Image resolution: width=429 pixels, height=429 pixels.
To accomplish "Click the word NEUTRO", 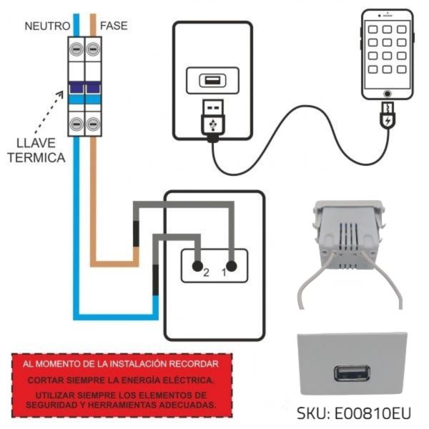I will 47,26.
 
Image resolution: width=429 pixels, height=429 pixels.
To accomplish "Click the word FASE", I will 114,26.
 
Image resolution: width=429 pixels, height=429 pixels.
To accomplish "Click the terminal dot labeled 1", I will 231,264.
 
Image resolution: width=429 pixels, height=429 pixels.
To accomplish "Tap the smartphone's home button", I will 388,94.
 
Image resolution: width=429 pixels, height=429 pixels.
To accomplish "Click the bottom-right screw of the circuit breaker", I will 92,123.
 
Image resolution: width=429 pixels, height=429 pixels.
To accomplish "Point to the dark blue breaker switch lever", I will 84,89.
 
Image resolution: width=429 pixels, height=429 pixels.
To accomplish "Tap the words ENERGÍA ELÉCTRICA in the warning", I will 172,379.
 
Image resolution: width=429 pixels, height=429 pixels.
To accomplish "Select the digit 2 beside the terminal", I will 206,273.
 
